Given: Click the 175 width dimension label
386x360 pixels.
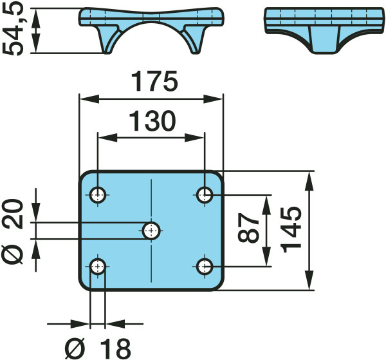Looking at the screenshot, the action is [154, 81].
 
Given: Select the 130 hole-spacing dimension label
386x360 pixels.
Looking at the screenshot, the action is [152, 121].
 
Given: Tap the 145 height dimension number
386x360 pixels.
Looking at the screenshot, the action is [291, 230].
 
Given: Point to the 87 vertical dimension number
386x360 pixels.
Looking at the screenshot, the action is [248, 228].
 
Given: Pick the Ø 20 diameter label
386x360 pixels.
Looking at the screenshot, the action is [12, 232].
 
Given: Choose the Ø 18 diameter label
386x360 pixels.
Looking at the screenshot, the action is [98, 348].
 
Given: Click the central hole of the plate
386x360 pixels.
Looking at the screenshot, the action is [151, 231].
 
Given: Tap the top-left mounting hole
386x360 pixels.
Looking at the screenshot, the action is [98, 194].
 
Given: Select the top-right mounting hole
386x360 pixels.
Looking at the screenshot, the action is [205, 194].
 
